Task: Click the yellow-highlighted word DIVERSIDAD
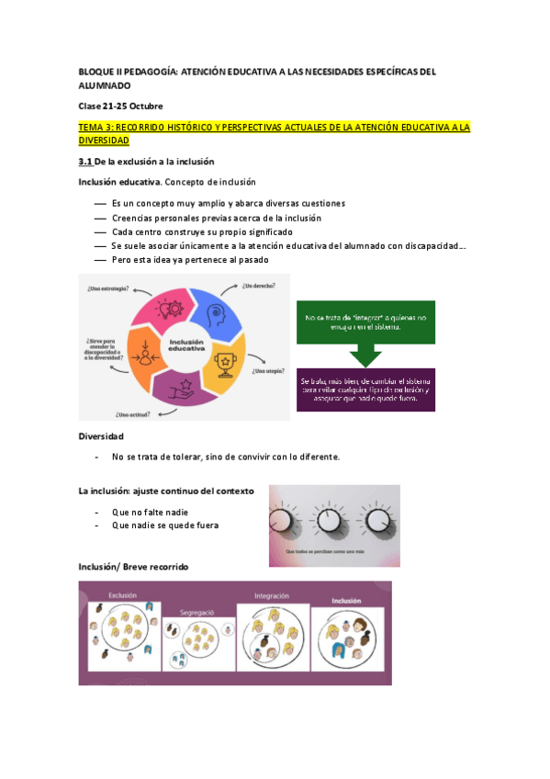click(x=104, y=141)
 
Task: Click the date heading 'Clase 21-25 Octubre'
click(x=120, y=106)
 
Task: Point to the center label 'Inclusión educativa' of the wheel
click(x=185, y=346)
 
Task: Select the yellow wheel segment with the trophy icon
click(x=224, y=364)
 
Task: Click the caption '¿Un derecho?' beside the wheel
click(x=258, y=287)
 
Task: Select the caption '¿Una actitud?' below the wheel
click(x=133, y=413)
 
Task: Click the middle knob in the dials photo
click(x=331, y=521)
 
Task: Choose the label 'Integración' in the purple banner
click(x=272, y=595)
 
